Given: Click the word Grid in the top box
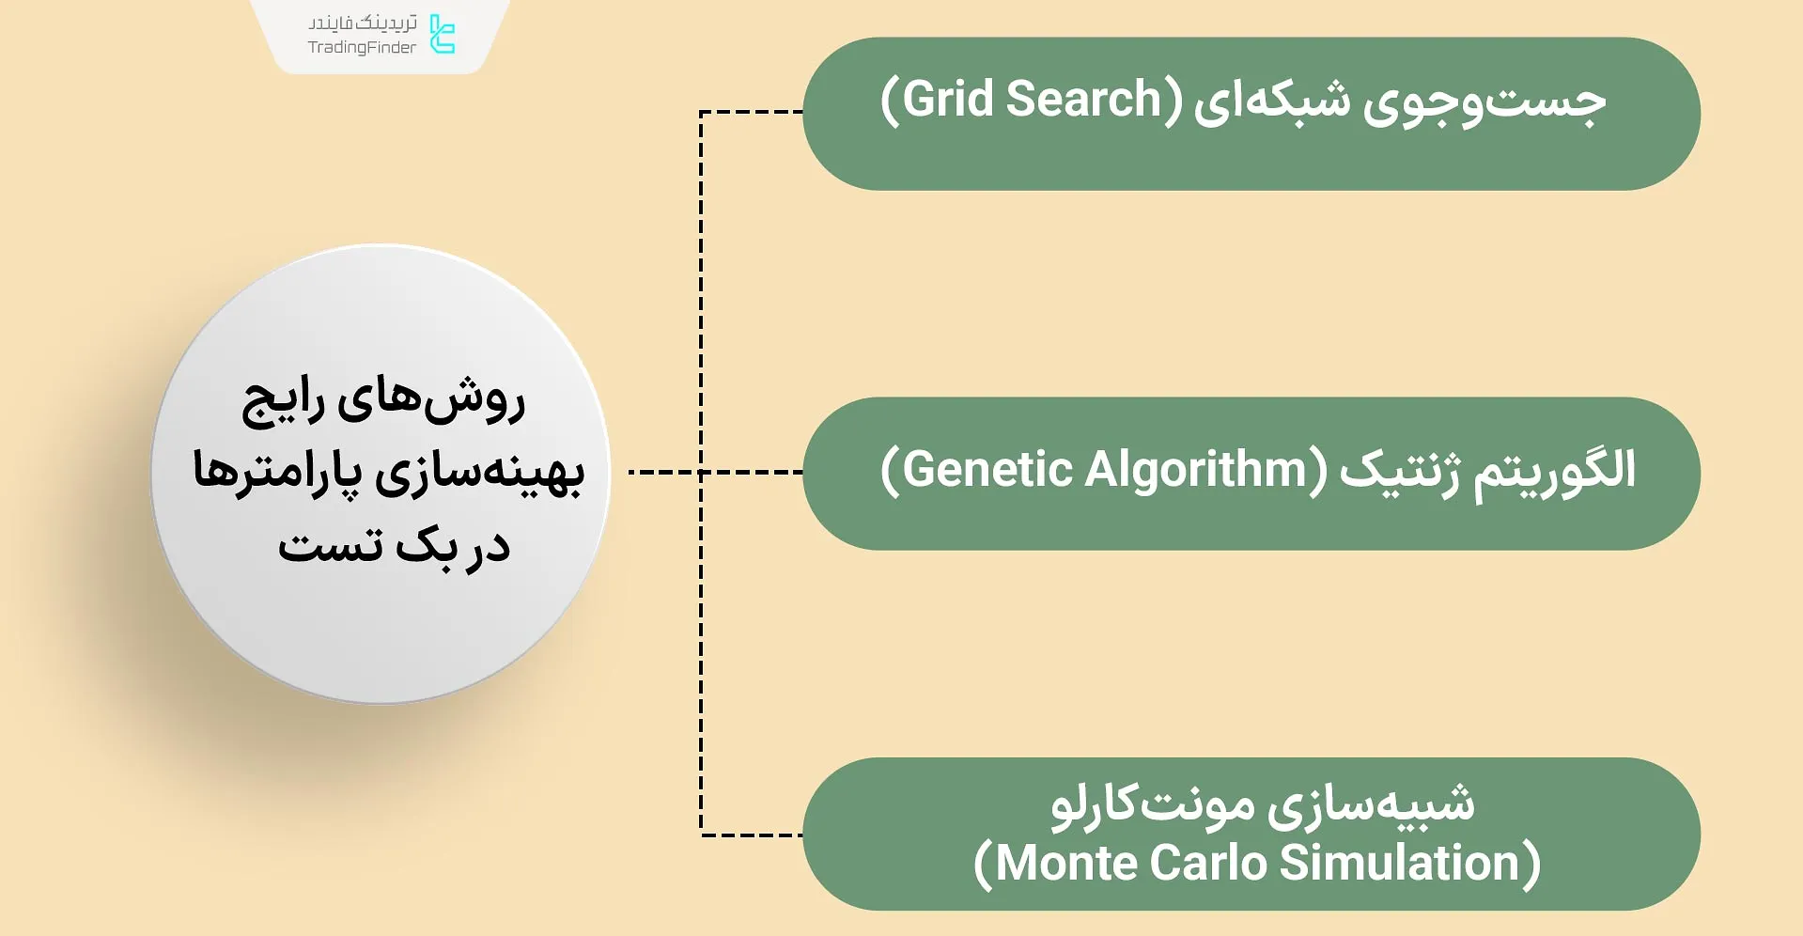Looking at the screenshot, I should coord(949,100).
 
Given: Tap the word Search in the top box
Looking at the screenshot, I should coord(1083,100).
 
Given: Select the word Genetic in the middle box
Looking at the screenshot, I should coord(987,470).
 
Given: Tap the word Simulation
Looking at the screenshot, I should coord(1400,863).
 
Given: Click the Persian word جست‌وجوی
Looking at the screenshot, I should coord(1484,101).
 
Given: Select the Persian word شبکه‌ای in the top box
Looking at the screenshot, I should coord(1272,101).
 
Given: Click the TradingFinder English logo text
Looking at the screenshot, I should coord(362,48).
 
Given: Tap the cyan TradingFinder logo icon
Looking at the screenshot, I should coord(442,34).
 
